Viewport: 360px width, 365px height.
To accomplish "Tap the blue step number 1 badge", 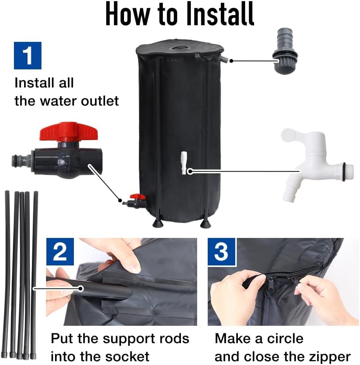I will pyautogui.click(x=28, y=55).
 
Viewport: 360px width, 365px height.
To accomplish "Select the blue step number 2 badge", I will pyautogui.click(x=60, y=252).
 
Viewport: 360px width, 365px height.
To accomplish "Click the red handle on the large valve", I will pyautogui.click(x=63, y=131).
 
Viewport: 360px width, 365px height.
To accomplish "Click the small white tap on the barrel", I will pyautogui.click(x=184, y=163).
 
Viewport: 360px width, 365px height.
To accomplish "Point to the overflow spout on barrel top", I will pyautogui.click(x=223, y=59).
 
